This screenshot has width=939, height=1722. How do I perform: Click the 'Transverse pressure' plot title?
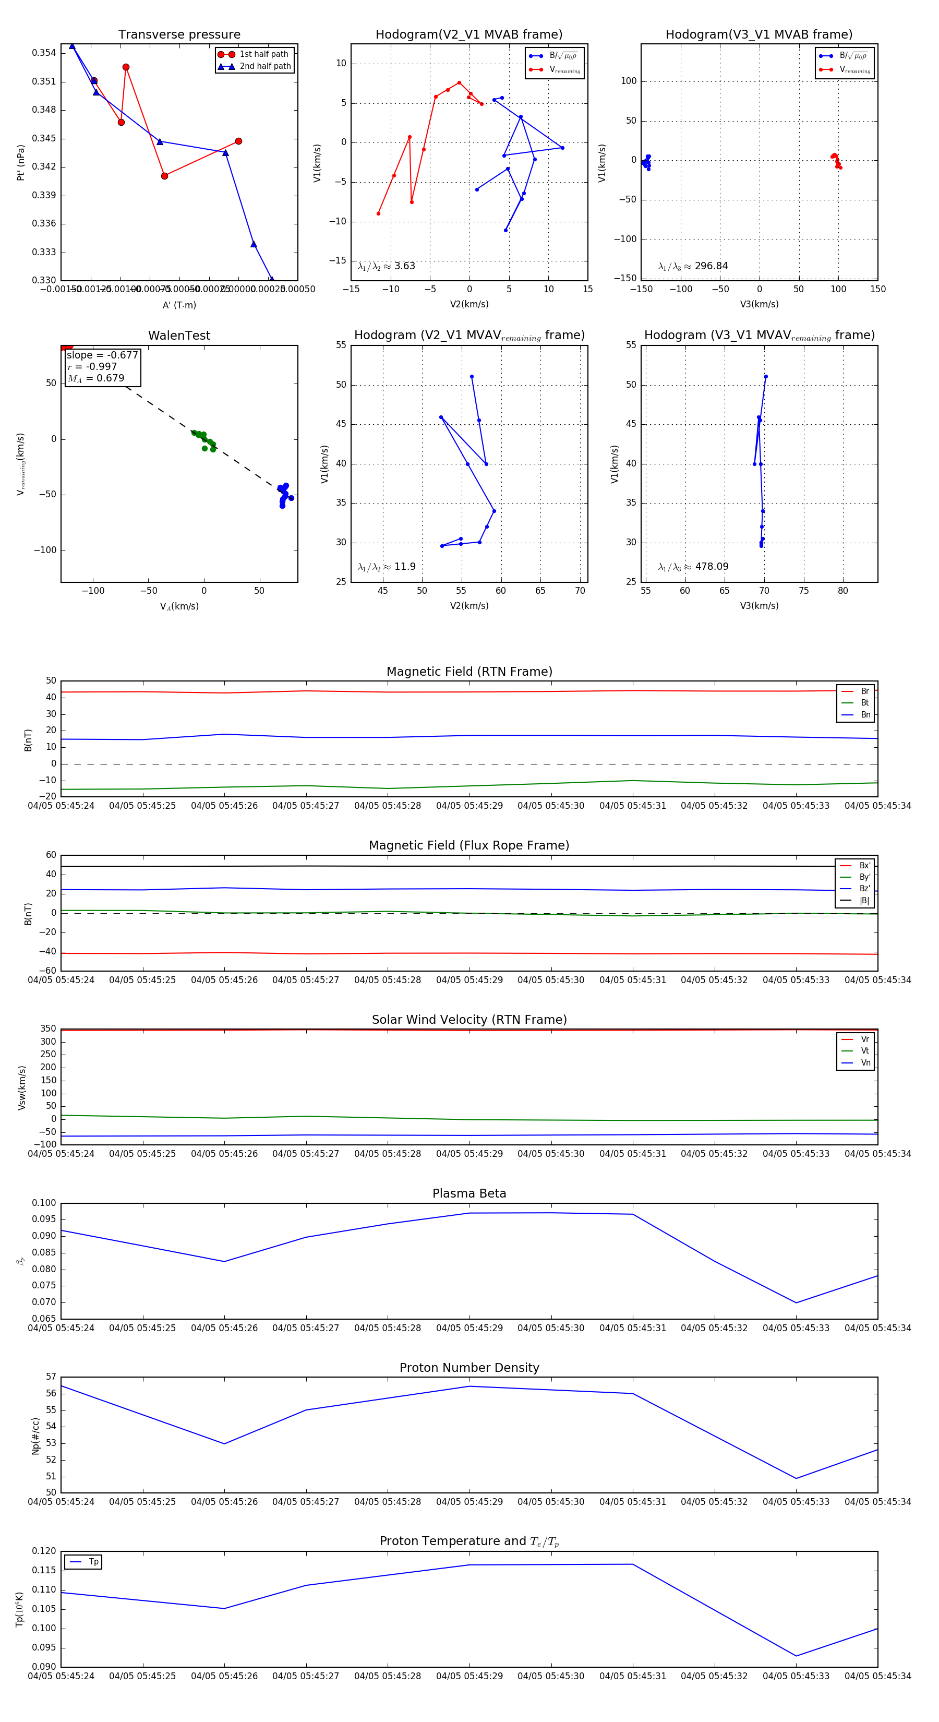[179, 35]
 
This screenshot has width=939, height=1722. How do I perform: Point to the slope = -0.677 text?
[102, 355]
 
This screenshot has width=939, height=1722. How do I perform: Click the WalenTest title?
[179, 336]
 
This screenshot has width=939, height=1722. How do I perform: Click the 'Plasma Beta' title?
[469, 1193]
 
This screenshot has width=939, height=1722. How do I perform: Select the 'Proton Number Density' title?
[469, 1368]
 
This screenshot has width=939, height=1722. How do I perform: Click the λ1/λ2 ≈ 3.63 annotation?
[386, 266]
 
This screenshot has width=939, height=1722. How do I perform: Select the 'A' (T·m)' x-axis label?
[179, 305]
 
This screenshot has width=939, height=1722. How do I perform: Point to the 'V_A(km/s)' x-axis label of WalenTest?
[179, 606]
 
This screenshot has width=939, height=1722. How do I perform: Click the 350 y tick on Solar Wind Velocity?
[48, 1029]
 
